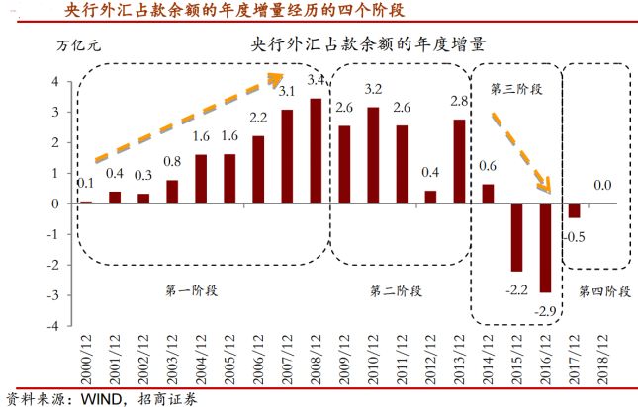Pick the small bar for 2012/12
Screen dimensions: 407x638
(430, 197)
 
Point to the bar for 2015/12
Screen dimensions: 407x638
(516, 237)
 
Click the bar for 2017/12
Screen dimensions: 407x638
(574, 210)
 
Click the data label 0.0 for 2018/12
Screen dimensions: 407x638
(600, 185)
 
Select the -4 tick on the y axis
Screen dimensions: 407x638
(55, 326)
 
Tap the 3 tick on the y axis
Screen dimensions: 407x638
(56, 113)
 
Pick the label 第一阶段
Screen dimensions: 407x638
(192, 290)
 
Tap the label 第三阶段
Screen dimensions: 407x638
(517, 89)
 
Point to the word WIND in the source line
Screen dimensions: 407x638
(88, 398)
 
